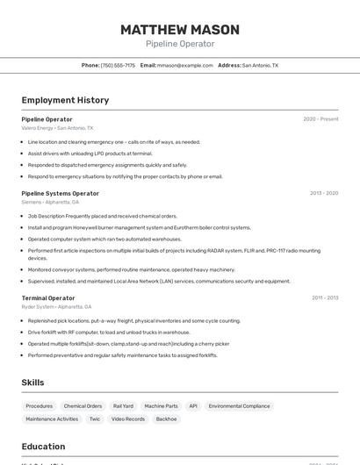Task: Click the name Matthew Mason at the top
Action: pyautogui.click(x=179, y=29)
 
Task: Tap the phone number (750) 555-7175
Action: pyautogui.click(x=118, y=65)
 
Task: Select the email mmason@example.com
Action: pyautogui.click(x=185, y=65)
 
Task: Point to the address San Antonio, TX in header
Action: pyautogui.click(x=260, y=65)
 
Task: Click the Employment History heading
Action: pyautogui.click(x=65, y=100)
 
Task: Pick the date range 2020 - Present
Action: pyautogui.click(x=320, y=119)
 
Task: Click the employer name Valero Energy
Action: pyautogui.click(x=38, y=128)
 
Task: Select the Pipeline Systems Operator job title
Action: pyautogui.click(x=61, y=193)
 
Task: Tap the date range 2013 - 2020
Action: pyautogui.click(x=324, y=193)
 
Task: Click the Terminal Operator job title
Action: pyautogui.click(x=48, y=298)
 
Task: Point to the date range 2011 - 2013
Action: pyautogui.click(x=325, y=298)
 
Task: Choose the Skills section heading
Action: pyautogui.click(x=32, y=383)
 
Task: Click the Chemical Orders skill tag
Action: pyautogui.click(x=83, y=406)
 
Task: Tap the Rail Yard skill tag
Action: pyautogui.click(x=123, y=406)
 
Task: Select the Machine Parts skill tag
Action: pyautogui.click(x=161, y=406)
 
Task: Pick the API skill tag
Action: pyautogui.click(x=193, y=406)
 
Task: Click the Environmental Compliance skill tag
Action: pyautogui.click(x=239, y=406)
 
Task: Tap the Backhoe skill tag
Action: pyautogui.click(x=166, y=419)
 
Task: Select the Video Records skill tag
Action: pyautogui.click(x=128, y=419)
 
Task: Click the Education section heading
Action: pyautogui.click(x=43, y=447)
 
